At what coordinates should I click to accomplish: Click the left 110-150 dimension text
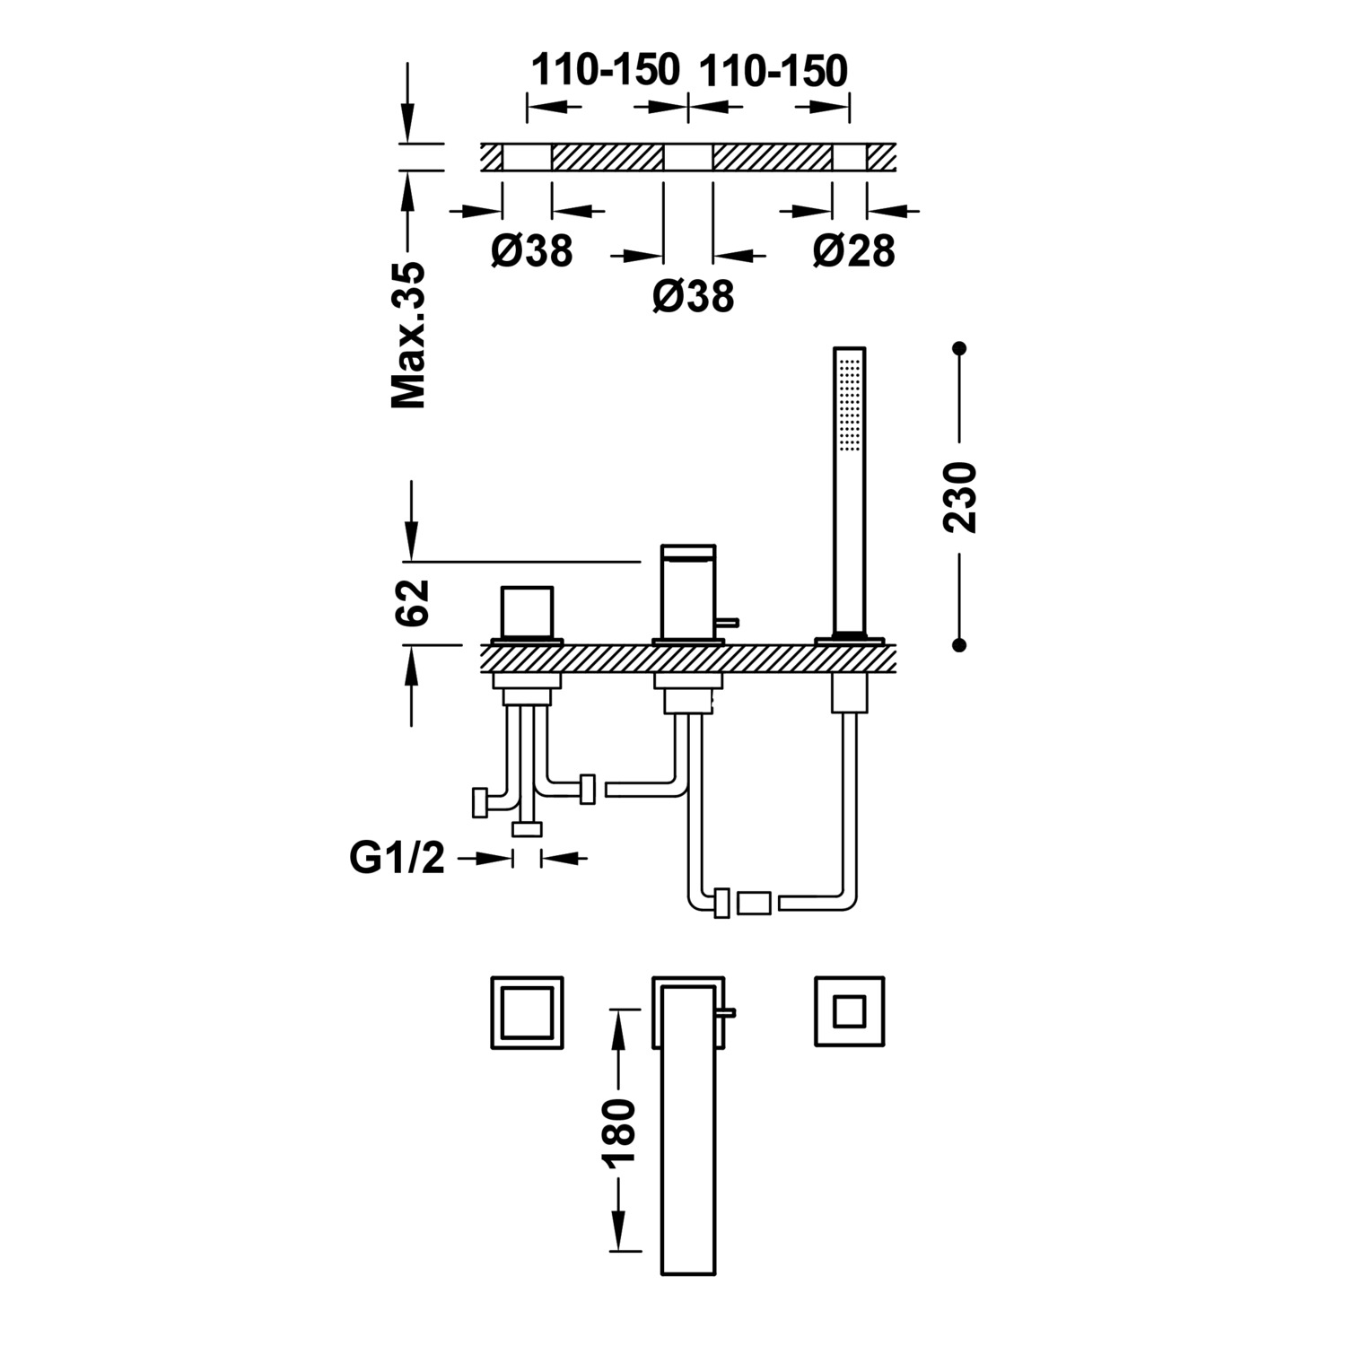[x=606, y=70]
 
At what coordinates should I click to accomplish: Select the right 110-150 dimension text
[x=773, y=70]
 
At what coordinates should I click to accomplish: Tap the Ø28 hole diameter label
[x=853, y=250]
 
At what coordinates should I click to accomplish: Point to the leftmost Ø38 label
[x=531, y=250]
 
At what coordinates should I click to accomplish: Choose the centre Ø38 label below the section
[x=693, y=296]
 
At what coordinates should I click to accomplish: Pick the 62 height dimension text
[x=412, y=602]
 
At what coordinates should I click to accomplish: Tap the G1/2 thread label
[x=397, y=859]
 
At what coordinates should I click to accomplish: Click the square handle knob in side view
[x=528, y=612]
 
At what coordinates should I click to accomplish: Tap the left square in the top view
[x=527, y=1011]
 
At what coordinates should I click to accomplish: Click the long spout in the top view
[x=688, y=1158]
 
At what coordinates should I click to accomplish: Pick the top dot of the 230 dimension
[x=959, y=348]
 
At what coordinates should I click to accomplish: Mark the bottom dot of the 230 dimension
[x=959, y=644]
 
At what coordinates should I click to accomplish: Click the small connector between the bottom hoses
[x=754, y=903]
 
